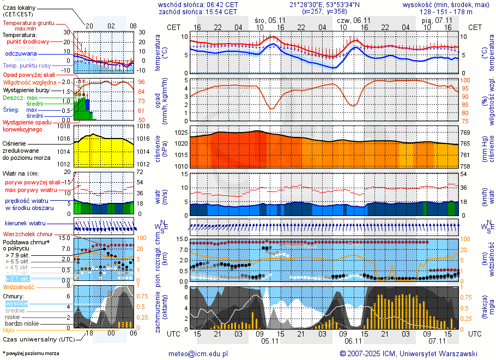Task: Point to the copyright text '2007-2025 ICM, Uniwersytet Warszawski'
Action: click(413, 353)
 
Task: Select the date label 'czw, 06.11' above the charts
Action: click(354, 20)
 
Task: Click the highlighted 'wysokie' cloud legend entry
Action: click(16, 303)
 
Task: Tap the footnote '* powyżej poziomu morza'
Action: click(31, 353)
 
